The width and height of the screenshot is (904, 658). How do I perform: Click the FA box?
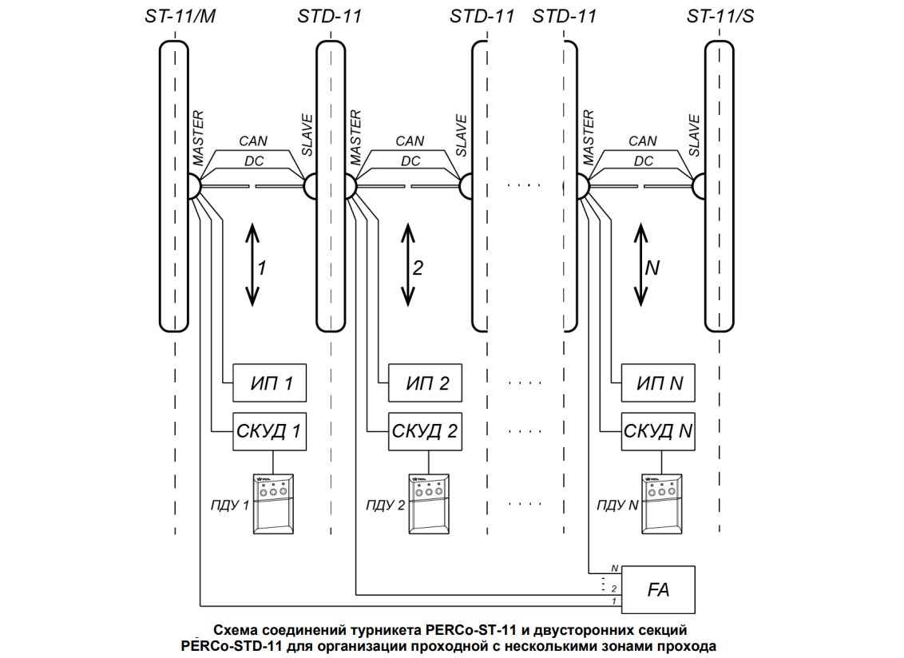[659, 590]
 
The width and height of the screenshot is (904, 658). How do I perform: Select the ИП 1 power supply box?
[269, 384]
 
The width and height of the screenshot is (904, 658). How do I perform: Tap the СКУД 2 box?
[425, 432]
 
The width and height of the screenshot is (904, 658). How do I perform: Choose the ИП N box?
[659, 384]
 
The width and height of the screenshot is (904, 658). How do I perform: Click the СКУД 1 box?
[269, 432]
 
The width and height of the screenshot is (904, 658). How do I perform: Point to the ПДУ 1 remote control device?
[274, 503]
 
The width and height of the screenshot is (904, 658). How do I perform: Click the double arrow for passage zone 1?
[252, 265]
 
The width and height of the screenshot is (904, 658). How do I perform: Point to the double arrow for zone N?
[640, 265]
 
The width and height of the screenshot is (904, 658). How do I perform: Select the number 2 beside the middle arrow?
[417, 268]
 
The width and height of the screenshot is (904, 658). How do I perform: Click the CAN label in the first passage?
[253, 141]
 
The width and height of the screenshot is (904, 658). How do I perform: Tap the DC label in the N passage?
[643, 161]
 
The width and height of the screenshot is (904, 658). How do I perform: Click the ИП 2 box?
[425, 384]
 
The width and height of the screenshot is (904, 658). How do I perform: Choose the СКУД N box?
[659, 432]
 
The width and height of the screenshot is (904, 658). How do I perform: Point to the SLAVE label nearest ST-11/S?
[694, 136]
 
